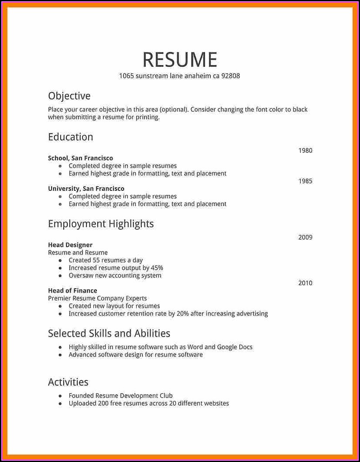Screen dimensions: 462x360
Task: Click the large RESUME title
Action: tap(180, 60)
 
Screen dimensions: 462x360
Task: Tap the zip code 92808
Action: tap(230, 76)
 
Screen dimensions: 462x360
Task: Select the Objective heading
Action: tap(69, 96)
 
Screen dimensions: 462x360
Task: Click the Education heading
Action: tap(71, 137)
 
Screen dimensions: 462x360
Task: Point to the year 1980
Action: tap(305, 151)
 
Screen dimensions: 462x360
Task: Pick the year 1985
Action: tap(305, 181)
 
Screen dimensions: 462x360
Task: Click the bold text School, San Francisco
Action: tap(80, 158)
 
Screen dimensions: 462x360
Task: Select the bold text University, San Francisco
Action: tap(86, 189)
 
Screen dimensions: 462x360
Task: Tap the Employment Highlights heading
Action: tap(101, 224)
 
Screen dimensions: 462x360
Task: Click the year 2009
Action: tap(305, 238)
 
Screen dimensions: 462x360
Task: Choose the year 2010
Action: tap(305, 283)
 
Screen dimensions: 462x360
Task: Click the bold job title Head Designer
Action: tap(70, 245)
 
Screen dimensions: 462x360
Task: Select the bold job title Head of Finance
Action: tap(72, 290)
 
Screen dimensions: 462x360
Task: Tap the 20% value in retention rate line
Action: tap(182, 314)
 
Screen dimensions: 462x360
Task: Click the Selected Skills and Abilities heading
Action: tap(109, 334)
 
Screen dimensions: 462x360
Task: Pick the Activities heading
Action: tap(68, 382)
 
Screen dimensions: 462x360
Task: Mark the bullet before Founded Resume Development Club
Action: tap(60, 396)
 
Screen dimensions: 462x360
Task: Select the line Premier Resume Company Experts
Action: tap(97, 298)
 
